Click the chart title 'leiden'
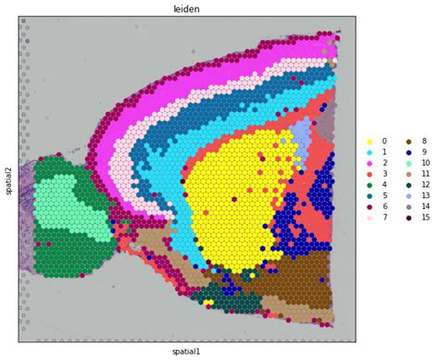[186, 8]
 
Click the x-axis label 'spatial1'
[186, 352]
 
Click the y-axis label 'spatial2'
[7, 179]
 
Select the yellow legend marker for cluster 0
[369, 142]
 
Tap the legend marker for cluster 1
[369, 153]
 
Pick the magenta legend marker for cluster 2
[369, 163]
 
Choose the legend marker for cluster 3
[369, 174]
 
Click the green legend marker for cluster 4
[369, 185]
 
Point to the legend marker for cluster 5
[369, 196]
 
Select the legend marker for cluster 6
[369, 206]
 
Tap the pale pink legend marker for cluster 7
[369, 217]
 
